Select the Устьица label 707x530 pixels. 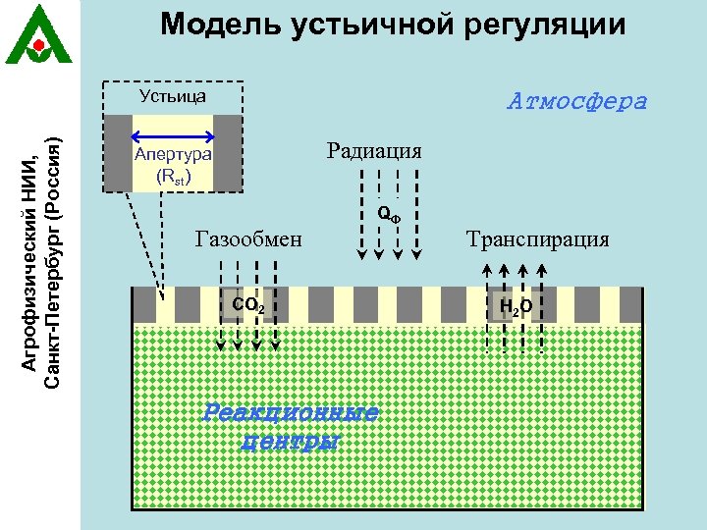[x=173, y=96]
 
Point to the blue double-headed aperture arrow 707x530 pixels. [x=173, y=136]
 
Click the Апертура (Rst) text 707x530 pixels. [x=173, y=165]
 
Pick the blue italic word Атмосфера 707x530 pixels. [x=577, y=101]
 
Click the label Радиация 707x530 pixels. [x=375, y=150]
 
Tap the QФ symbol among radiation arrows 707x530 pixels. [x=389, y=214]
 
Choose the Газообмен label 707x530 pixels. [x=250, y=238]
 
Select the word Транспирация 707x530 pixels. [x=537, y=238]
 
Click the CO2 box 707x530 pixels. [x=246, y=306]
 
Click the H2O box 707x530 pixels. [x=516, y=307]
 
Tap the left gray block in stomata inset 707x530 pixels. [x=118, y=152]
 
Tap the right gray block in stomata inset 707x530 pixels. [x=227, y=152]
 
